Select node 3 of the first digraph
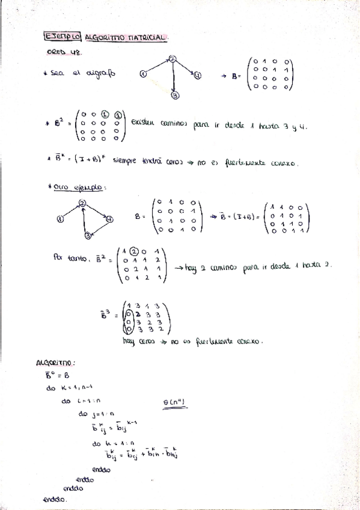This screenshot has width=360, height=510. click(x=174, y=95)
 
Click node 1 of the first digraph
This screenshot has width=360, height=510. click(x=143, y=75)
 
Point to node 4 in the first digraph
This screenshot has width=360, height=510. click(x=198, y=75)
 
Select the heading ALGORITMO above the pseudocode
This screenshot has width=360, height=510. click(x=55, y=363)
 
